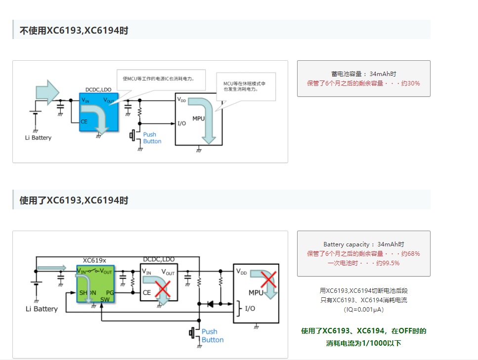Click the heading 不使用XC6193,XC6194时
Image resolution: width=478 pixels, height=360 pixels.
(74, 31)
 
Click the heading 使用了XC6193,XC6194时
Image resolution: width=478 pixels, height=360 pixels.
(74, 200)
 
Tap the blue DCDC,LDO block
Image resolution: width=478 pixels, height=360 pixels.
(99, 111)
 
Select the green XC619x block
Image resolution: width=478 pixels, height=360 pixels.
(95, 283)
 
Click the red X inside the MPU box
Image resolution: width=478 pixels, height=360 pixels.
(268, 280)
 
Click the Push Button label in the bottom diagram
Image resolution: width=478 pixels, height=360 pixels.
(213, 336)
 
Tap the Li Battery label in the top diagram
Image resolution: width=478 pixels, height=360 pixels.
(38, 138)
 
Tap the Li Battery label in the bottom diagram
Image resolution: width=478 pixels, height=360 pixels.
(42, 309)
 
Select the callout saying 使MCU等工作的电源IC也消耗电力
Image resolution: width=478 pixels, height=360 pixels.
(161, 79)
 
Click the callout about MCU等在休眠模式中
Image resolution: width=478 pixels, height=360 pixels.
(246, 86)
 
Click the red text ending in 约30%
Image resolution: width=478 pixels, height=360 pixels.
(363, 83)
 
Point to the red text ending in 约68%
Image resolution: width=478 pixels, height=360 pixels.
(363, 254)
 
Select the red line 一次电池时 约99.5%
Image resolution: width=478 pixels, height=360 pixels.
(363, 263)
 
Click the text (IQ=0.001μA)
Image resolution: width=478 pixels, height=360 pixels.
(363, 310)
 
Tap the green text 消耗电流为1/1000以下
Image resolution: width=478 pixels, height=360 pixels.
(363, 343)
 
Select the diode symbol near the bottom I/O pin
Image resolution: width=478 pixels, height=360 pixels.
(211, 304)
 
